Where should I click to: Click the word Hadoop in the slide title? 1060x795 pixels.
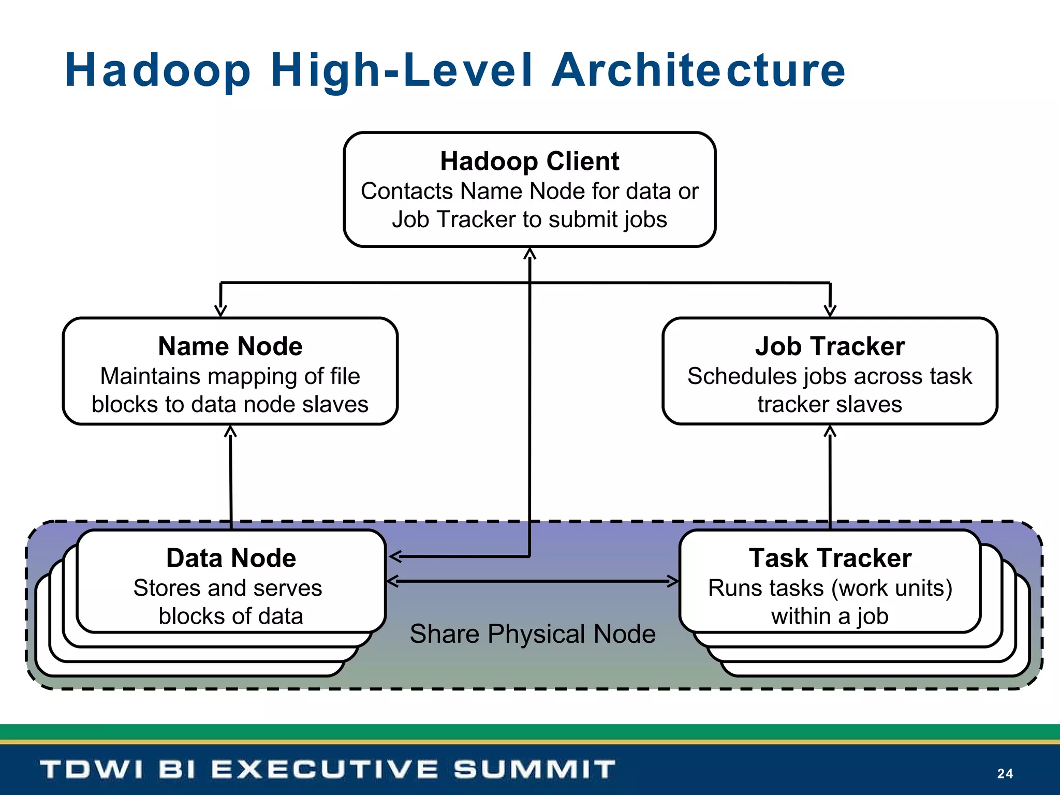pos(158,71)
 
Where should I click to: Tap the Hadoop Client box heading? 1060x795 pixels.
pos(529,161)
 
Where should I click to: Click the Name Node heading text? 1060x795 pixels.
pos(230,346)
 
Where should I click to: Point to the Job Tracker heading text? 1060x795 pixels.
pos(830,346)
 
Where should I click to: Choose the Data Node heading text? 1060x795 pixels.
pos(231,558)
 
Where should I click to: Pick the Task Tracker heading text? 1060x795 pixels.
pos(830,558)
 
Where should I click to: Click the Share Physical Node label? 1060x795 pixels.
pos(533,634)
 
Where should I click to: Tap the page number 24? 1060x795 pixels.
pos(1005,773)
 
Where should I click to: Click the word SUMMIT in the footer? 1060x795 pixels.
pos(535,769)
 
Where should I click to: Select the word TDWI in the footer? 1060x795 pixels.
pos(91,769)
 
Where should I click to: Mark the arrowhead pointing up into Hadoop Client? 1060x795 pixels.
pos(529,254)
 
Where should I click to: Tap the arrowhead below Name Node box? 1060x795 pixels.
pos(230,431)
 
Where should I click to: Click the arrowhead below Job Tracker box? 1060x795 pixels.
pos(830,431)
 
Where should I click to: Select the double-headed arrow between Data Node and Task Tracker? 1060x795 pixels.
pos(533,581)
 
